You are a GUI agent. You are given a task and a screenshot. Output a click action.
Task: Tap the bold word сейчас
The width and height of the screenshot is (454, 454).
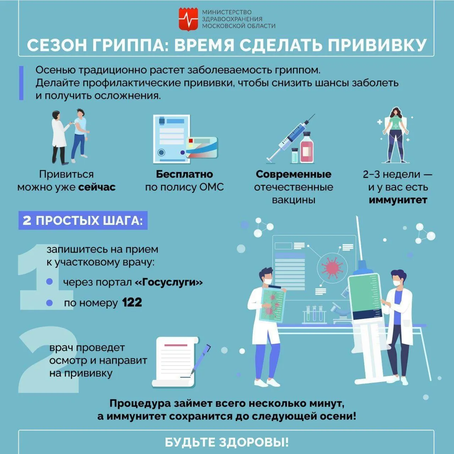coord(97,187)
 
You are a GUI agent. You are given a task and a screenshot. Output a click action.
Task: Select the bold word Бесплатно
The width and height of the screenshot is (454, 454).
coord(184,174)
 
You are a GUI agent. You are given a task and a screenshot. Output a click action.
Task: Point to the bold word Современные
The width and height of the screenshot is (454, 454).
coord(293,174)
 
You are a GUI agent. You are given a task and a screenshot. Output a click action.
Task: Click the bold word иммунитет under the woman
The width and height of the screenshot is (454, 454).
coord(398,200)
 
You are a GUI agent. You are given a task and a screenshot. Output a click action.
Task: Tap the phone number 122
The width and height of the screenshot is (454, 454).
coord(132,303)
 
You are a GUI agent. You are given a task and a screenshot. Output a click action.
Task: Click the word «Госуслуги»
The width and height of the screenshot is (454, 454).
coord(169,282)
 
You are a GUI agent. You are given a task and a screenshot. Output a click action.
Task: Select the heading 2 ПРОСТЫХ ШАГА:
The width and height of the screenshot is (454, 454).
coord(83,220)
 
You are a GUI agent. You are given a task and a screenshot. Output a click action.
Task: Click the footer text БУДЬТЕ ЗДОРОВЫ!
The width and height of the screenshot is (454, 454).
coord(227,442)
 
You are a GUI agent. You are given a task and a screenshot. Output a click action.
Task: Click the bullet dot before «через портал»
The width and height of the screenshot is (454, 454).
coord(49,282)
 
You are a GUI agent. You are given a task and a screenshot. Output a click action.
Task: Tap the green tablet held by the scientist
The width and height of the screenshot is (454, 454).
coord(272,305)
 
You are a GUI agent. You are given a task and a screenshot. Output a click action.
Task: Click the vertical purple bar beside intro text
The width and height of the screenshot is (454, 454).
coord(21,83)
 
